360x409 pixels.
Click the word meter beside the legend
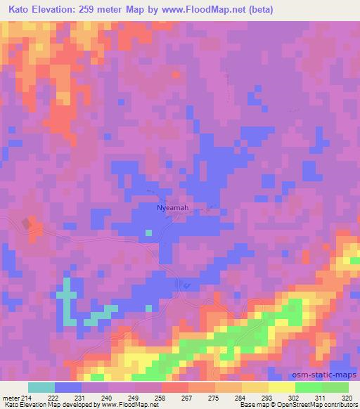pyautogui.click(x=9, y=397)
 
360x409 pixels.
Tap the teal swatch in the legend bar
pyautogui.click(x=41, y=387)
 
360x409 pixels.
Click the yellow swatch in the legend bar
pyautogui.click(x=282, y=387)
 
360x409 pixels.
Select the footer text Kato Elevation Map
pyautogui.click(x=27, y=405)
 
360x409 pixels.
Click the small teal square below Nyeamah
pyautogui.click(x=148, y=233)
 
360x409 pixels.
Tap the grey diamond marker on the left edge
pyautogui.click(x=27, y=223)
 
